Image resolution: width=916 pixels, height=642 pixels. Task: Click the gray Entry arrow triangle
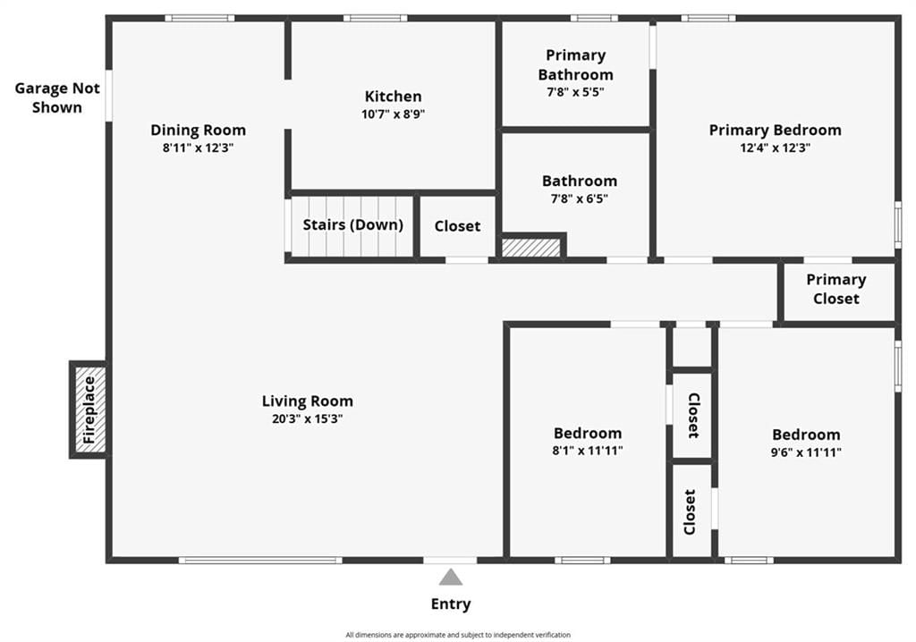pyautogui.click(x=451, y=577)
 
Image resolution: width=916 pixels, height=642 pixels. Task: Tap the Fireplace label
pyautogui.click(x=89, y=410)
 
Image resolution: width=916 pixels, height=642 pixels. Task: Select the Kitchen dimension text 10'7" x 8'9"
pyautogui.click(x=394, y=114)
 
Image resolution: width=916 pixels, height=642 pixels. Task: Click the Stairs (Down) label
pyautogui.click(x=352, y=225)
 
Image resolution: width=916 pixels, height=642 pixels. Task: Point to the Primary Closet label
pyautogui.click(x=836, y=289)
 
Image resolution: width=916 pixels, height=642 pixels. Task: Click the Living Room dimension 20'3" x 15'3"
pyautogui.click(x=308, y=418)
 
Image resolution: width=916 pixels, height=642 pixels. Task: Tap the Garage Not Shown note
pyautogui.click(x=57, y=97)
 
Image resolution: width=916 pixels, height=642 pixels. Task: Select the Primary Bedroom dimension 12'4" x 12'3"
pyautogui.click(x=776, y=148)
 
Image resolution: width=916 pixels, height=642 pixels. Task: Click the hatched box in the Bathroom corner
pyautogui.click(x=531, y=247)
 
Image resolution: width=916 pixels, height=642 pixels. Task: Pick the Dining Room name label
pyautogui.click(x=198, y=130)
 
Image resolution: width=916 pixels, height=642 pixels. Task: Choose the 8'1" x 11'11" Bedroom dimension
pyautogui.click(x=588, y=451)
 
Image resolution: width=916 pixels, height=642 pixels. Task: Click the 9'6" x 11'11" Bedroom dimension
pyautogui.click(x=806, y=452)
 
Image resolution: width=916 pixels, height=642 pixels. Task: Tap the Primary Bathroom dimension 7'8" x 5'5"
pyautogui.click(x=575, y=92)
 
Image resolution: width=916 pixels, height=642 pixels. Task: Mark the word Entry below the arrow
pyautogui.click(x=451, y=604)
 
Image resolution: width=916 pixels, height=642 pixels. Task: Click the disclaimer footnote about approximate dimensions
pyautogui.click(x=458, y=635)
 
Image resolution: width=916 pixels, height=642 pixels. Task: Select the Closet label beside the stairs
pyautogui.click(x=457, y=226)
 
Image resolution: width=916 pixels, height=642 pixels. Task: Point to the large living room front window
pyautogui.click(x=260, y=561)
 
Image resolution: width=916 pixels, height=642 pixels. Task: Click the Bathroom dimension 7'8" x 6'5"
pyautogui.click(x=580, y=199)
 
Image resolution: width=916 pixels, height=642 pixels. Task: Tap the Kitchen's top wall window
pyautogui.click(x=375, y=18)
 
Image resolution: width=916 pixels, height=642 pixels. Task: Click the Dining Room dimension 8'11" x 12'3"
pyautogui.click(x=198, y=148)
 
